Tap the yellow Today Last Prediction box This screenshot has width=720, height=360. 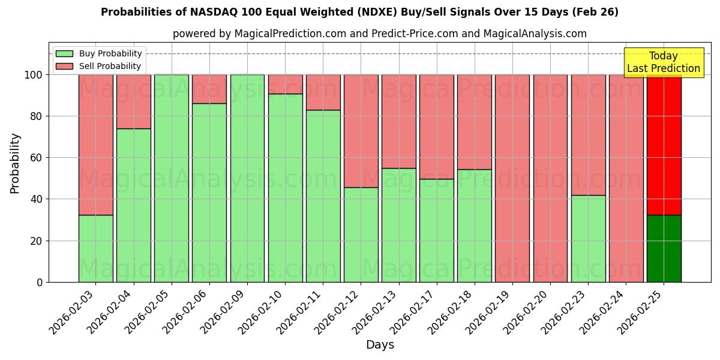pyautogui.click(x=663, y=62)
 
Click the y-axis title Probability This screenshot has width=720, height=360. pyautogui.click(x=15, y=163)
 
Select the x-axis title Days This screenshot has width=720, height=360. pyautogui.click(x=380, y=345)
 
